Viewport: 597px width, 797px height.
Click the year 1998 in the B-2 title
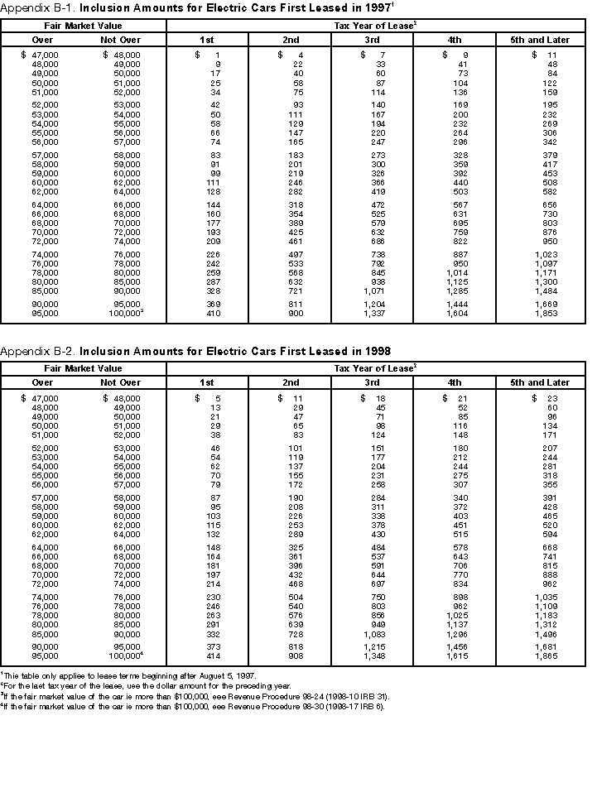point(376,352)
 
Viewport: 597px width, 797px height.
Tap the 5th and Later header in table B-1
point(537,40)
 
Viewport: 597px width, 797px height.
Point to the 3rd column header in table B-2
point(372,382)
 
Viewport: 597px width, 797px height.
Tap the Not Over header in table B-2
point(121,382)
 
